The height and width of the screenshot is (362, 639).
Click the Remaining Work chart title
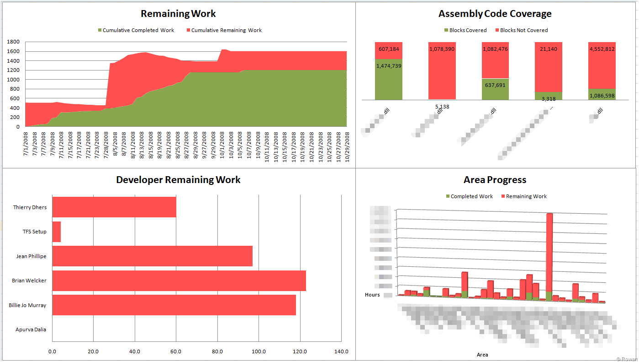click(x=178, y=14)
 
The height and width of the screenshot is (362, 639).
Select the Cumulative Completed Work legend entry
click(x=138, y=30)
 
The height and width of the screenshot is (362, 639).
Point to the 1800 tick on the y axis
click(x=13, y=42)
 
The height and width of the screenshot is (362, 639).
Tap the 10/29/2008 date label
click(x=347, y=146)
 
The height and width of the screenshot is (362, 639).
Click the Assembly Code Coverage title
click(x=495, y=14)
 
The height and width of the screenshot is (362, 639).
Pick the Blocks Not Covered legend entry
click(x=523, y=30)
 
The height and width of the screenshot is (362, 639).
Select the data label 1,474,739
click(x=389, y=66)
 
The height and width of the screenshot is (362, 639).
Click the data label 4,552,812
click(x=602, y=49)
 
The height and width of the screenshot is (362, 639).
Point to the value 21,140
click(x=549, y=49)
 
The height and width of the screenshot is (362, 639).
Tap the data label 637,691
click(x=495, y=85)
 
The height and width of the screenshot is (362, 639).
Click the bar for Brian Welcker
click(x=179, y=281)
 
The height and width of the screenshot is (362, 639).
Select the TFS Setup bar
click(x=57, y=232)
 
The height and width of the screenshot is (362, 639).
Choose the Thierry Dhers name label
click(x=30, y=207)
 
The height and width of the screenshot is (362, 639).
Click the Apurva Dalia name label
click(x=31, y=330)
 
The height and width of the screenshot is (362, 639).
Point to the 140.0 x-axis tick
click(x=341, y=351)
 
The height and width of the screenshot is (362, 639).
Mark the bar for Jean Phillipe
click(x=153, y=256)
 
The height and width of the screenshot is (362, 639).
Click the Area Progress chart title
click(x=495, y=180)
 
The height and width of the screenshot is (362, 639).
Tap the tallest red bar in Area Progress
click(x=549, y=252)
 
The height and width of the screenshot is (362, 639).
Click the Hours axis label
click(x=372, y=295)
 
